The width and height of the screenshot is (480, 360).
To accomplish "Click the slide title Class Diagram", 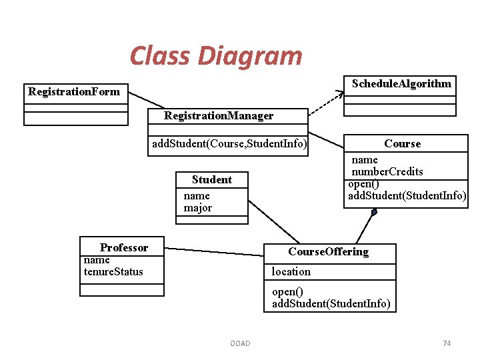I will tap(215, 56).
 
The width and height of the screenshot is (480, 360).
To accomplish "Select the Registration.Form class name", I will tap(74, 92).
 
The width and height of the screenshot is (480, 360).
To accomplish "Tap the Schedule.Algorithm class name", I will tap(401, 83).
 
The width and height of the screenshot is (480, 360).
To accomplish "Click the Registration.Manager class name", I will tap(219, 116).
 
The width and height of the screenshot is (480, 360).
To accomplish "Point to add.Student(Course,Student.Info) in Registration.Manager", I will tap(229, 143).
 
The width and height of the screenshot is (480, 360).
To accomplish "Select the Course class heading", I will tap(402, 144).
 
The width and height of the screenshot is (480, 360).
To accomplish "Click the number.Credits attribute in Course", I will tap(387, 172).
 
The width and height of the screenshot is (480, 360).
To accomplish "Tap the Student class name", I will tap(212, 180).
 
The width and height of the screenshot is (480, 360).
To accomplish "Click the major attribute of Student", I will tap(198, 208).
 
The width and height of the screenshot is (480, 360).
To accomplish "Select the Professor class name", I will tap(124, 248).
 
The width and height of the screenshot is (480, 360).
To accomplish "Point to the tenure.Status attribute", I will tap(113, 271).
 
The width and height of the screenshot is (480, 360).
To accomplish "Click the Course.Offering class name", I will tap(328, 252).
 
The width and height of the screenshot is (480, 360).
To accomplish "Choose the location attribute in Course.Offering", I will tap(291, 272).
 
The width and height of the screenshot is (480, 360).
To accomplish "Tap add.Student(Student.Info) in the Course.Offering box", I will tap(331, 304).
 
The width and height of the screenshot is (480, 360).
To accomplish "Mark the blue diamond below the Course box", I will tap(374, 213).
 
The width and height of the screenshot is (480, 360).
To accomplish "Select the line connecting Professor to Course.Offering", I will tap(213, 252).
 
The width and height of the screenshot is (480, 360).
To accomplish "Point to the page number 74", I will tap(447, 343).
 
